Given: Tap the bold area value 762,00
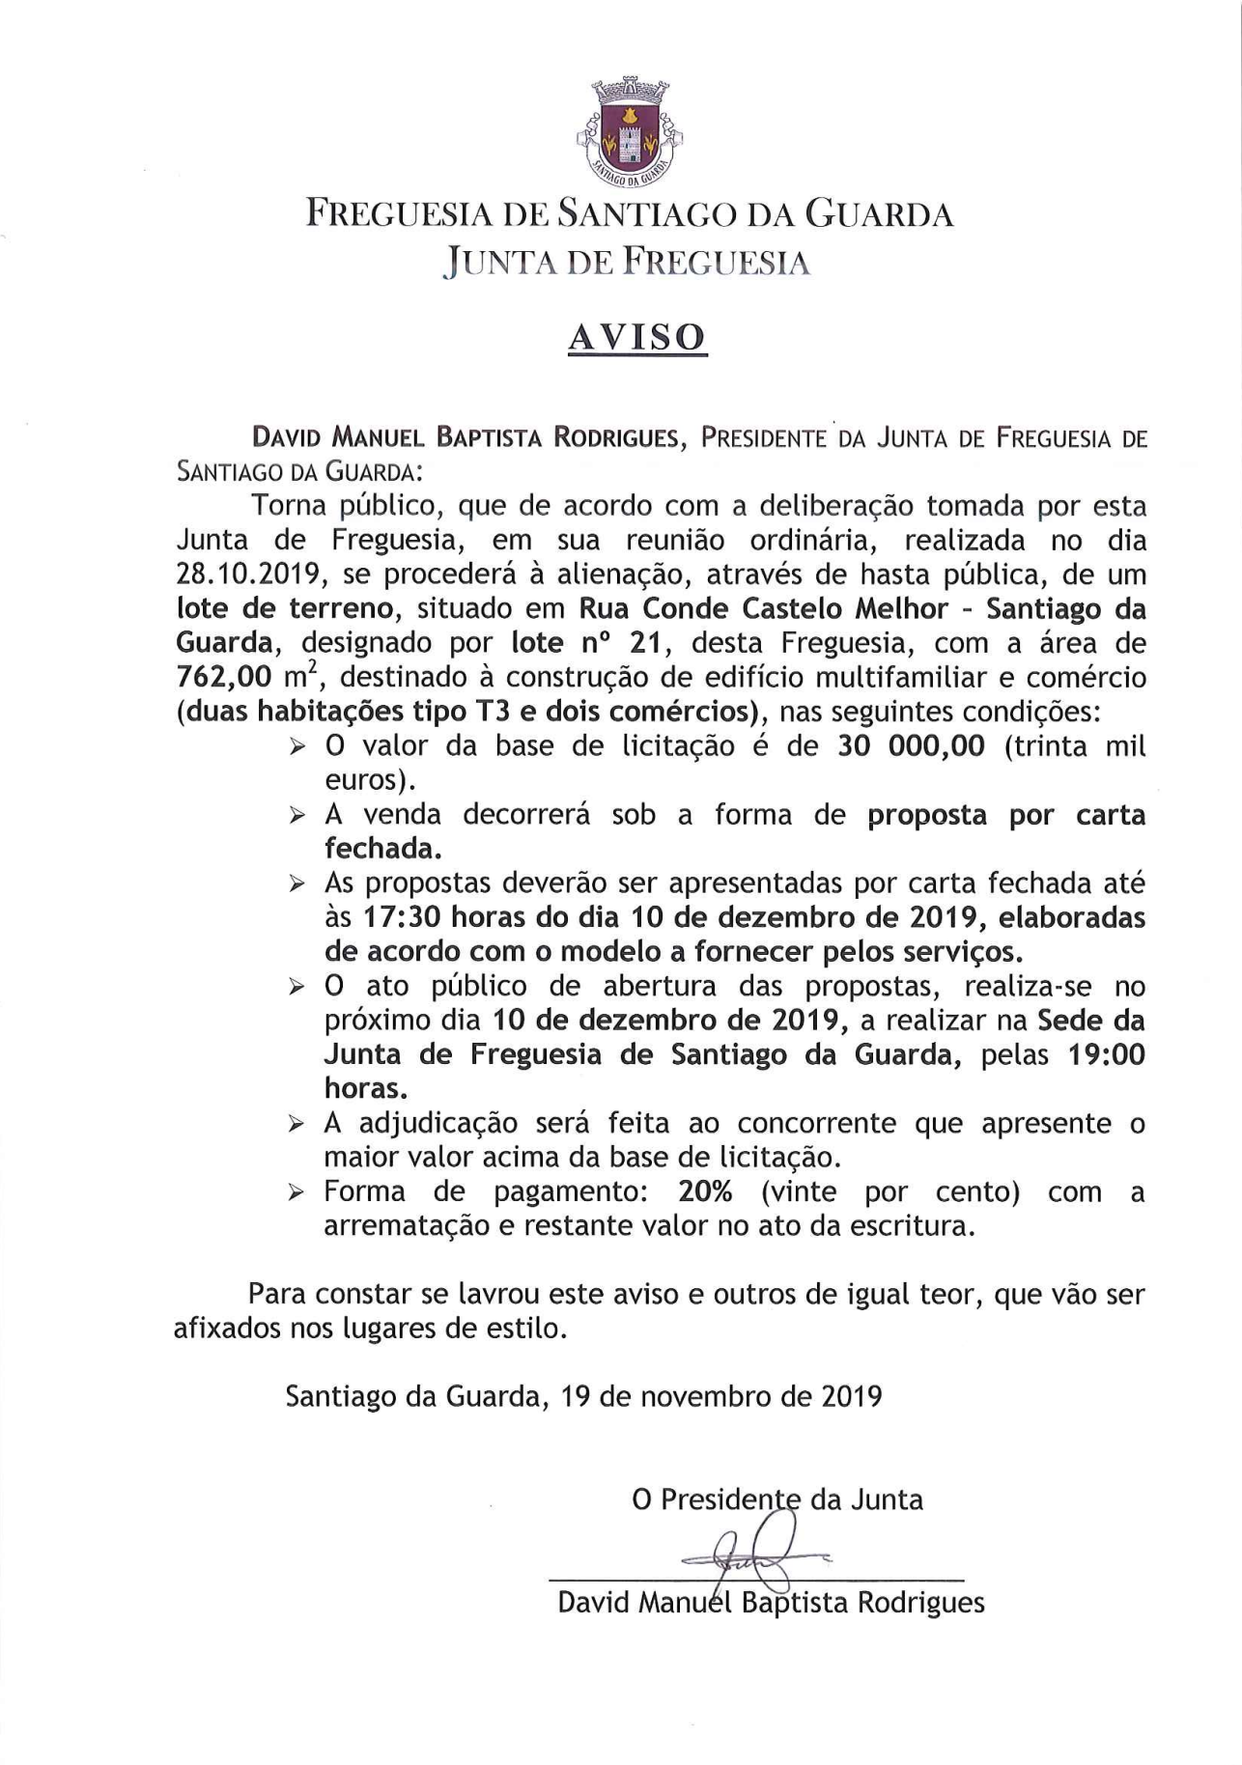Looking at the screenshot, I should tap(222, 677).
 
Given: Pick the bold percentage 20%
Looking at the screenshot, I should tap(705, 1191).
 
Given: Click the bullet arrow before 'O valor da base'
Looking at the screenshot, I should tap(297, 747).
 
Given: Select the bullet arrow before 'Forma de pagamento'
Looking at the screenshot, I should tap(297, 1192).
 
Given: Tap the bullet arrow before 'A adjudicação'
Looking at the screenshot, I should tap(297, 1124).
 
